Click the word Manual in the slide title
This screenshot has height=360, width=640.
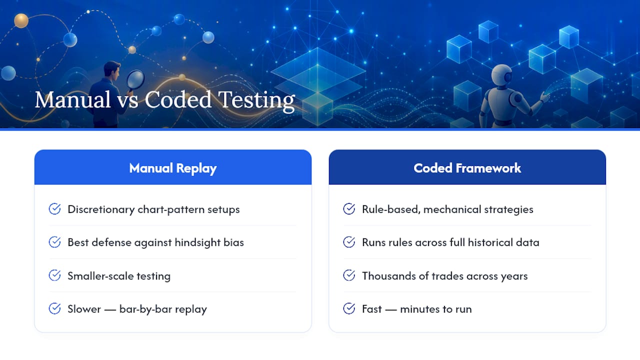[x=72, y=99]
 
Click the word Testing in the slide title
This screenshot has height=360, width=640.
[x=256, y=100]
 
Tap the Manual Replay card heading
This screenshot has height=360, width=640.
[x=173, y=168]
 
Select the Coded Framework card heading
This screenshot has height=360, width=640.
[x=467, y=168]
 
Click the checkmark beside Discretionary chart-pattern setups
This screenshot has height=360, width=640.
[x=54, y=209]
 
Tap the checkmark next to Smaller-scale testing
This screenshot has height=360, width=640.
[x=54, y=275]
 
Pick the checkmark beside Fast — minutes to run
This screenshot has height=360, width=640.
[x=349, y=308]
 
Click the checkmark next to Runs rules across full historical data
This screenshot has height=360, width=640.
[x=349, y=242]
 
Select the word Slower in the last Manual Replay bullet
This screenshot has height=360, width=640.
[x=84, y=309]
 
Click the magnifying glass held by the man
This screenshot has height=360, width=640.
[x=135, y=79]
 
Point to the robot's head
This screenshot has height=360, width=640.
[x=501, y=75]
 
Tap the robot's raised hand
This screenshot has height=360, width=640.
[x=544, y=97]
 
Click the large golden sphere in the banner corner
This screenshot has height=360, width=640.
[x=21, y=20]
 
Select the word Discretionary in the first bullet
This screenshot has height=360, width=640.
[x=101, y=209]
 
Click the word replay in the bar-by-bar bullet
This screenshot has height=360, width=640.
[x=191, y=309]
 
